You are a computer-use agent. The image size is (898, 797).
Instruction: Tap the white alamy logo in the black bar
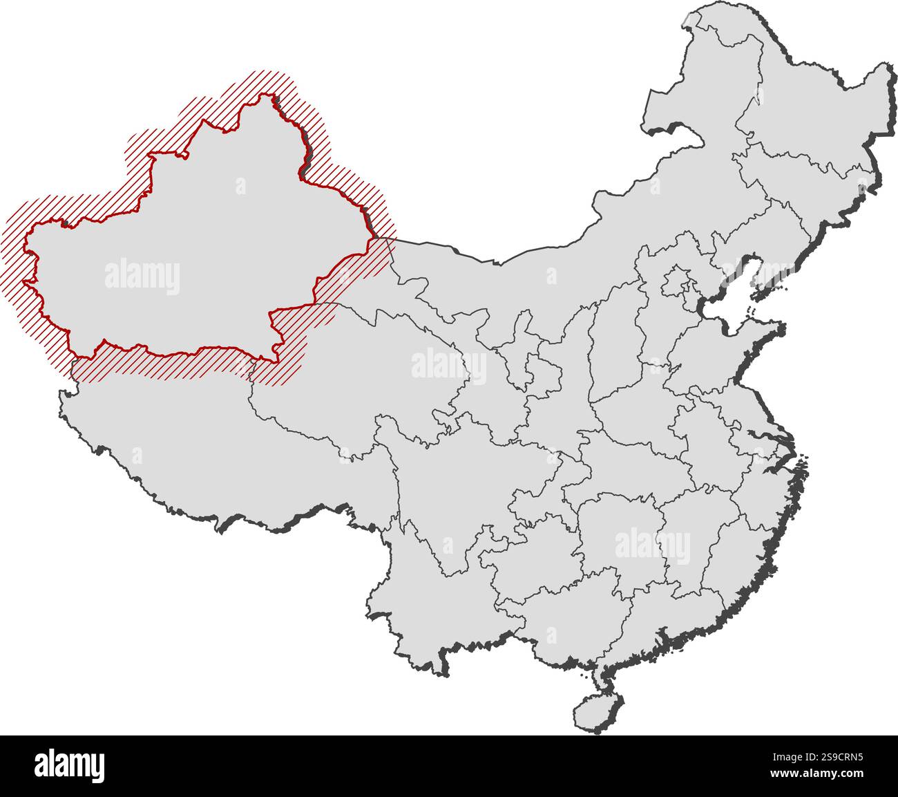70,765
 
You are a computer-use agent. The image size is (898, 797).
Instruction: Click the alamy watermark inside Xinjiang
142,276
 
